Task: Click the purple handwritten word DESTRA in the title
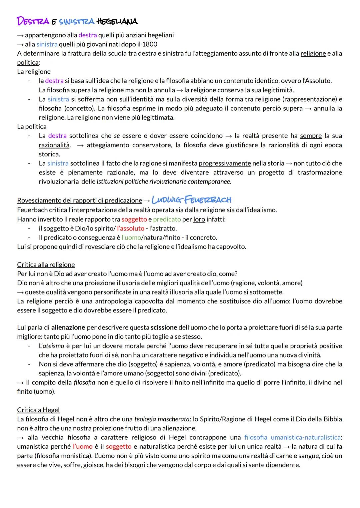33,21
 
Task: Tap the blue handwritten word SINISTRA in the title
76,22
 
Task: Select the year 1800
150,44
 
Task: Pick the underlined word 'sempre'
311,136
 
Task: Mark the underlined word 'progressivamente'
225,163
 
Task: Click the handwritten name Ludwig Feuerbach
191,200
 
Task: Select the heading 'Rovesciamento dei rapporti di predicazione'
79,201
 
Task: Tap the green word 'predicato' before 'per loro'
167,219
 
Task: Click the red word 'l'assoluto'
131,229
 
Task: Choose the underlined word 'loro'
199,219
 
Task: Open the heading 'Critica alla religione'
46,265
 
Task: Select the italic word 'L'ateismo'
51,346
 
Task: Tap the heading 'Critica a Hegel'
38,410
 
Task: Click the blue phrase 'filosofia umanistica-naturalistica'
292,437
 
